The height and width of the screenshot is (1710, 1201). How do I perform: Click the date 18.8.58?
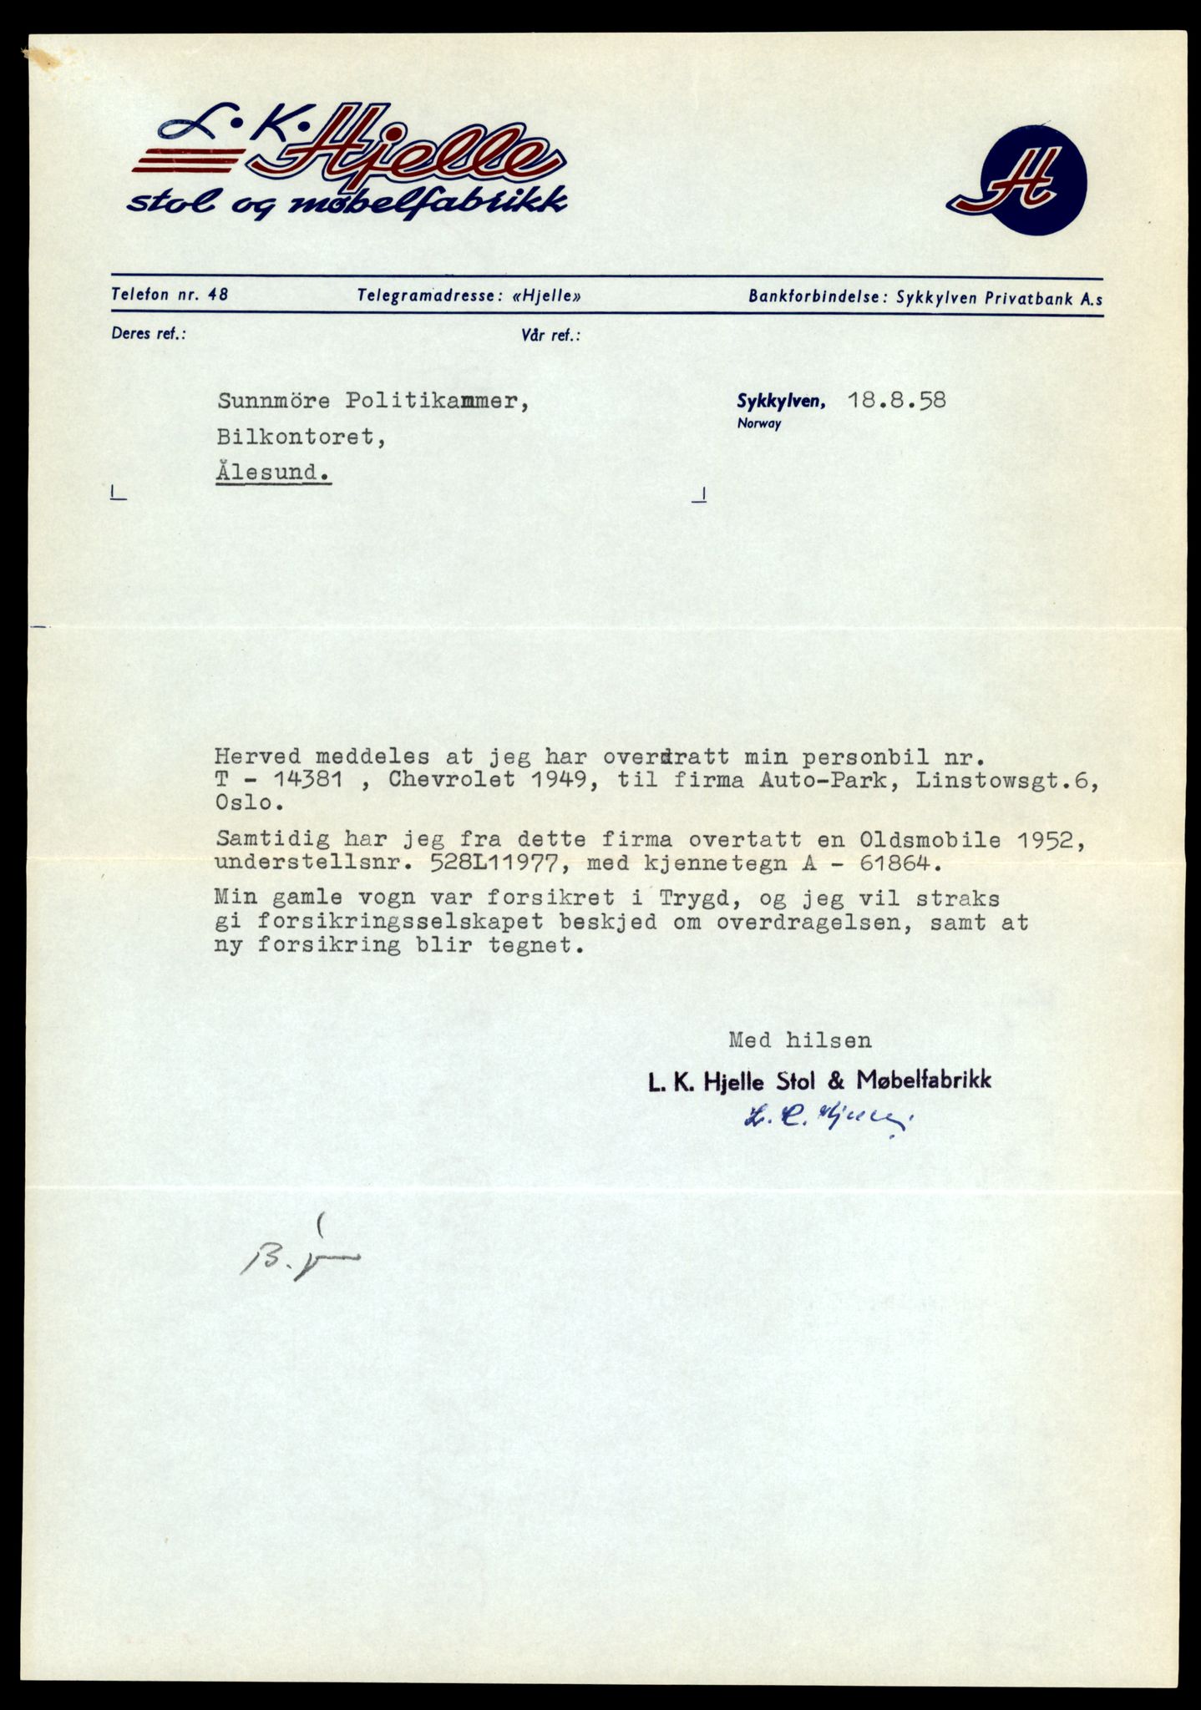click(896, 400)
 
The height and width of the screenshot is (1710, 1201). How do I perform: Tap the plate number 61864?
click(879, 864)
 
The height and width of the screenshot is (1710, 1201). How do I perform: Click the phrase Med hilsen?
click(799, 1040)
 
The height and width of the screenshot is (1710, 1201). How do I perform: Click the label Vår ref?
click(550, 336)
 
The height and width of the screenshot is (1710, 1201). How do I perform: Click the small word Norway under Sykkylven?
click(758, 423)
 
